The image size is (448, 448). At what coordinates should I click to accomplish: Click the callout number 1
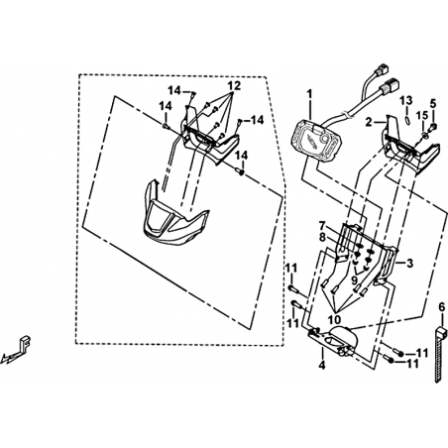[309, 94]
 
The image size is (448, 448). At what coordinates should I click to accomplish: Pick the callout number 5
[442, 307]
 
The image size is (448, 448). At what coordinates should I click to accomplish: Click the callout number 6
[322, 226]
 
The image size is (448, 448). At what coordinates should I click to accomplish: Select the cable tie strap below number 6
[322, 238]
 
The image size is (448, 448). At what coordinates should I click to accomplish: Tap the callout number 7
[355, 280]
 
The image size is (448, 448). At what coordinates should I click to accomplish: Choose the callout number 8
[335, 319]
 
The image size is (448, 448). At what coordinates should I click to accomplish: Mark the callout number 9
[234, 86]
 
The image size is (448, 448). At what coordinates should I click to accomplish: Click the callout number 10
[407, 100]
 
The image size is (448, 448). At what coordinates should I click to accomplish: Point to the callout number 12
[407, 120]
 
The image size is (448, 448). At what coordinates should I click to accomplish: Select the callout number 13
[423, 116]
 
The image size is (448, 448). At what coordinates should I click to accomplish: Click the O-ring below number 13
[433, 126]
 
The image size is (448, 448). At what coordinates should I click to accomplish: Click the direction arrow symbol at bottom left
[441, 354]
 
